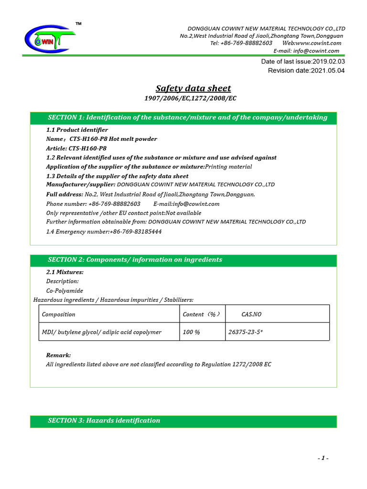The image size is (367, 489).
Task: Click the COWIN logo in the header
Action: [x=48, y=39]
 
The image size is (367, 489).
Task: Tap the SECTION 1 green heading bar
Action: [x=183, y=117]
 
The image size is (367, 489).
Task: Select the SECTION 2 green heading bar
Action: [x=183, y=260]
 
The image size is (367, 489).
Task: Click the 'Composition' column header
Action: [x=59, y=314]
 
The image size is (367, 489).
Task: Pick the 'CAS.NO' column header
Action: [x=251, y=314]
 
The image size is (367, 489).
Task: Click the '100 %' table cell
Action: [x=191, y=332]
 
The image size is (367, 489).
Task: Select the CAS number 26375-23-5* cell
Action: [x=245, y=332]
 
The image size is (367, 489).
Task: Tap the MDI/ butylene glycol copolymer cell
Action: [x=102, y=332]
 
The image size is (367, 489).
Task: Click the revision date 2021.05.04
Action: [x=327, y=71]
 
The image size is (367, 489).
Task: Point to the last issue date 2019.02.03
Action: [x=328, y=62]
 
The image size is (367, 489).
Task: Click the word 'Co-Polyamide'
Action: [x=65, y=290]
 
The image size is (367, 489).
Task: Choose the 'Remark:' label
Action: [x=58, y=355]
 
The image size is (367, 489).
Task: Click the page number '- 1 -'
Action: [x=324, y=458]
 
